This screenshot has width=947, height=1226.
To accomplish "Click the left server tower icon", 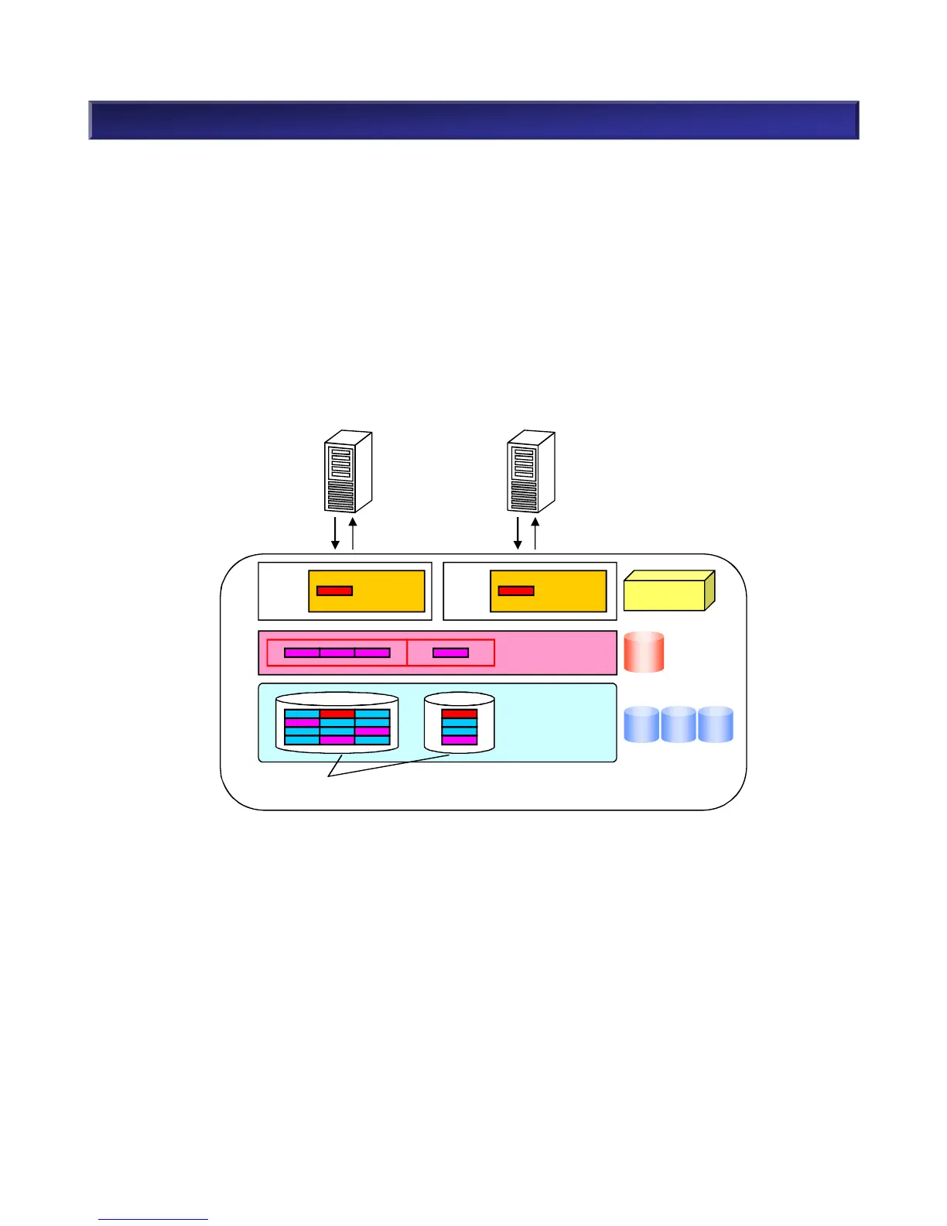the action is [x=347, y=472].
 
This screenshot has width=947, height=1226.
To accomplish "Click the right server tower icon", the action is [x=531, y=472].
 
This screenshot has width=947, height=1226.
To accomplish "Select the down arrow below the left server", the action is [x=336, y=533].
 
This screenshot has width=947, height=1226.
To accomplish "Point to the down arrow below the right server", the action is [x=518, y=533].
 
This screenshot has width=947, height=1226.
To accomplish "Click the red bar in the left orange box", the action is [x=334, y=591].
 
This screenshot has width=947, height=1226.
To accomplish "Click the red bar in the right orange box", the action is [x=516, y=591].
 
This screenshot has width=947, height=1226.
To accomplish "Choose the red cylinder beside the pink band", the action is [x=644, y=652].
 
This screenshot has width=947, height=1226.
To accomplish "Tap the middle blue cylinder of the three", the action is [x=679, y=724].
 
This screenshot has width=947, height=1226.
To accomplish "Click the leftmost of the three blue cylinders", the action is [x=641, y=724].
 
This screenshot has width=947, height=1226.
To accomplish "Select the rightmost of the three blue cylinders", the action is [x=716, y=724].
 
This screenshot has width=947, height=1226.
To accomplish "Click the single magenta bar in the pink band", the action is [x=450, y=652].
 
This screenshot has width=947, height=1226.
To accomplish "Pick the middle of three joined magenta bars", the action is [x=337, y=652].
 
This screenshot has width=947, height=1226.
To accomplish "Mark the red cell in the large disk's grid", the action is [x=337, y=714].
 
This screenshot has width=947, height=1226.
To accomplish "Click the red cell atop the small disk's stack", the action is [x=460, y=714].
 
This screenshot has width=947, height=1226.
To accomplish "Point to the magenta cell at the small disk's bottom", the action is [x=460, y=740].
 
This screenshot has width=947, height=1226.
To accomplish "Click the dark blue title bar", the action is [x=473, y=120].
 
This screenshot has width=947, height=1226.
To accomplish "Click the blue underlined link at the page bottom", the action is [x=153, y=1219].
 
